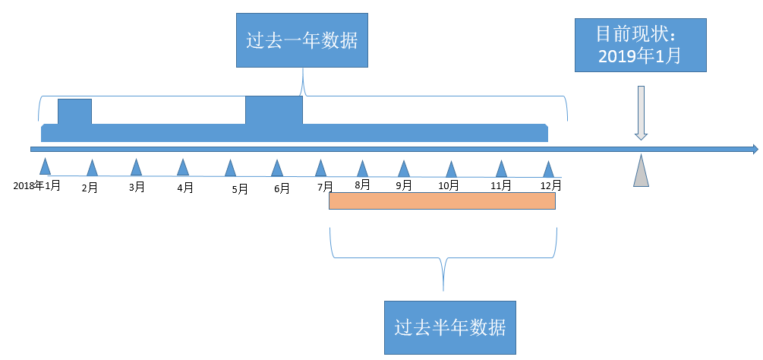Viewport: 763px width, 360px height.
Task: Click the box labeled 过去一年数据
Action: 302,40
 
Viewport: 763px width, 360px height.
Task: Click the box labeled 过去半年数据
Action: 450,327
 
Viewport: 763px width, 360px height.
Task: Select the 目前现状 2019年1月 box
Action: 640,46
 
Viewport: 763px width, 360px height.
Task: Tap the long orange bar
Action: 442,201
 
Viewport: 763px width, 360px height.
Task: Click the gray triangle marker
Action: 642,171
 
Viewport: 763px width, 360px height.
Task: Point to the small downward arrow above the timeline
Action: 641,113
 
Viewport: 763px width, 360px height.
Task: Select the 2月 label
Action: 90,188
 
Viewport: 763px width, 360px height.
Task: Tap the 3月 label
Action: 137,187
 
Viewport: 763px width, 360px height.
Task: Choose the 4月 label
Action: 184,188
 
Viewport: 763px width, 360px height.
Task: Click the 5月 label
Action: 240,189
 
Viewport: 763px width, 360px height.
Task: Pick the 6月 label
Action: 282,188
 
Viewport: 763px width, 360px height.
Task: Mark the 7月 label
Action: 325,187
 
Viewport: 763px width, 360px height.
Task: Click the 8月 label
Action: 363,184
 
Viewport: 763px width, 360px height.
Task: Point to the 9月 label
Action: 404,185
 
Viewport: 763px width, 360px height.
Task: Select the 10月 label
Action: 449,185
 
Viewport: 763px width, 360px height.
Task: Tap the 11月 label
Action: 500,185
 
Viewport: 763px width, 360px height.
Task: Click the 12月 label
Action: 551,185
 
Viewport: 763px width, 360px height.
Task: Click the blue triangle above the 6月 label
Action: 276,167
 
